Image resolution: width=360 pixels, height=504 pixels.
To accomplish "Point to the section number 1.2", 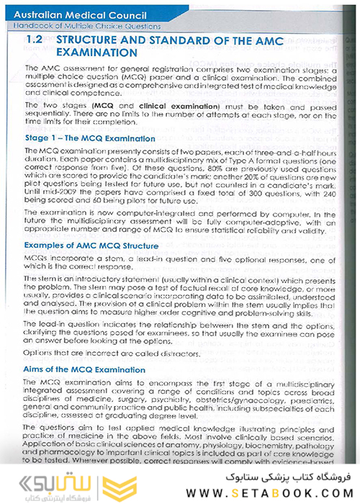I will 34,41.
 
